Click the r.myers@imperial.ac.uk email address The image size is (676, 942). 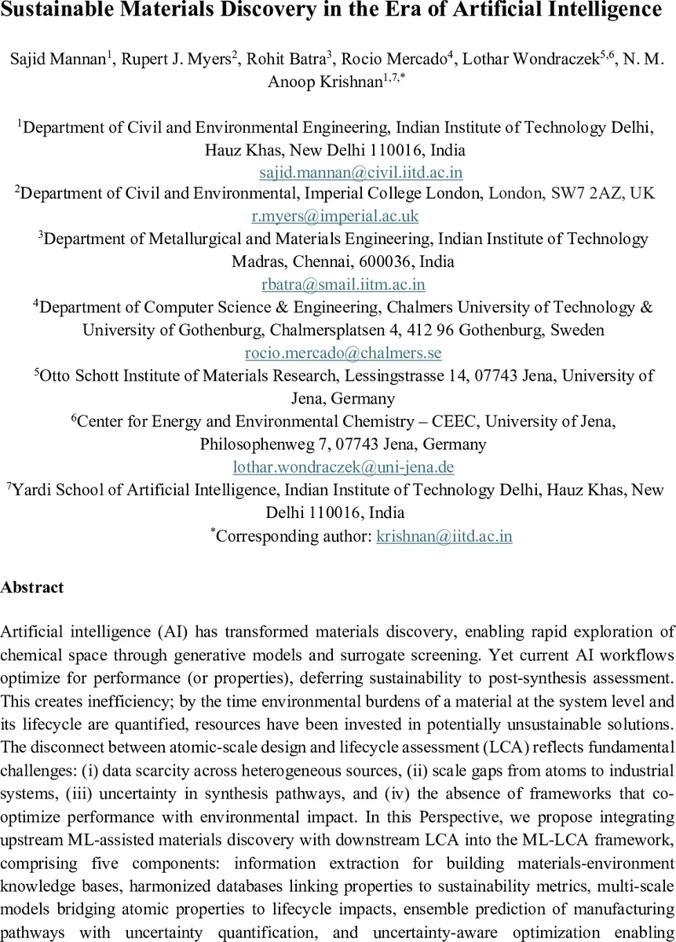point(335,216)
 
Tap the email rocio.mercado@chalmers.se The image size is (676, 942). point(343,353)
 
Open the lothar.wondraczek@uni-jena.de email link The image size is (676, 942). point(344,467)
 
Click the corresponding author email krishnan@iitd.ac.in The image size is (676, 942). point(444,537)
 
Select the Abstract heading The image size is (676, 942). point(32,587)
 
